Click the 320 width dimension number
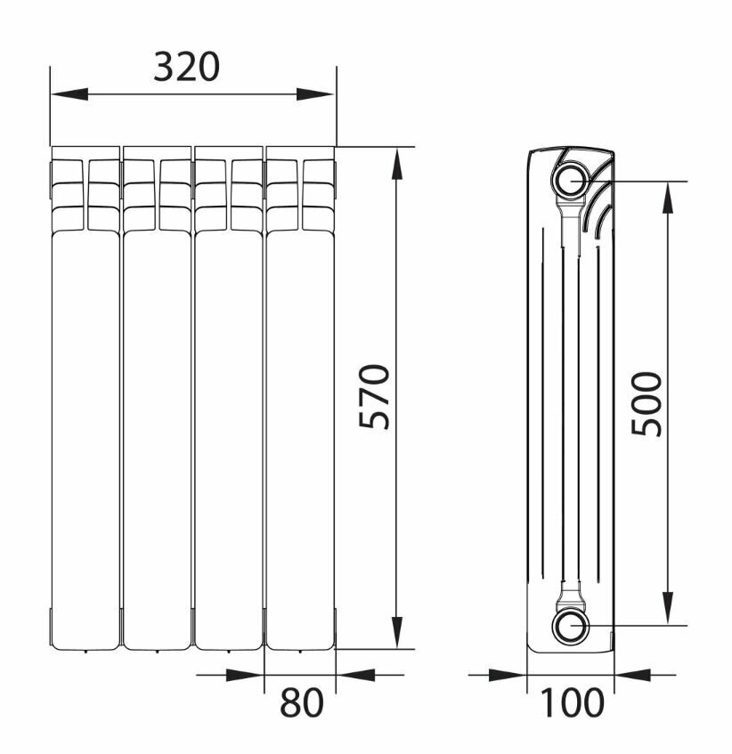tap(187, 67)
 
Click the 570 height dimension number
tap(374, 396)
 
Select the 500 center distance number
tap(647, 404)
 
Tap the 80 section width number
tap(302, 702)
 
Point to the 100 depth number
tap(572, 702)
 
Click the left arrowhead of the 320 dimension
tap(69, 94)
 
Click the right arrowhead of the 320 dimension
tap(315, 94)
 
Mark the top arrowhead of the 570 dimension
tap(397, 166)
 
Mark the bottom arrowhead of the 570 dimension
tap(397, 630)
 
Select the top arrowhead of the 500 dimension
tap(668, 200)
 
